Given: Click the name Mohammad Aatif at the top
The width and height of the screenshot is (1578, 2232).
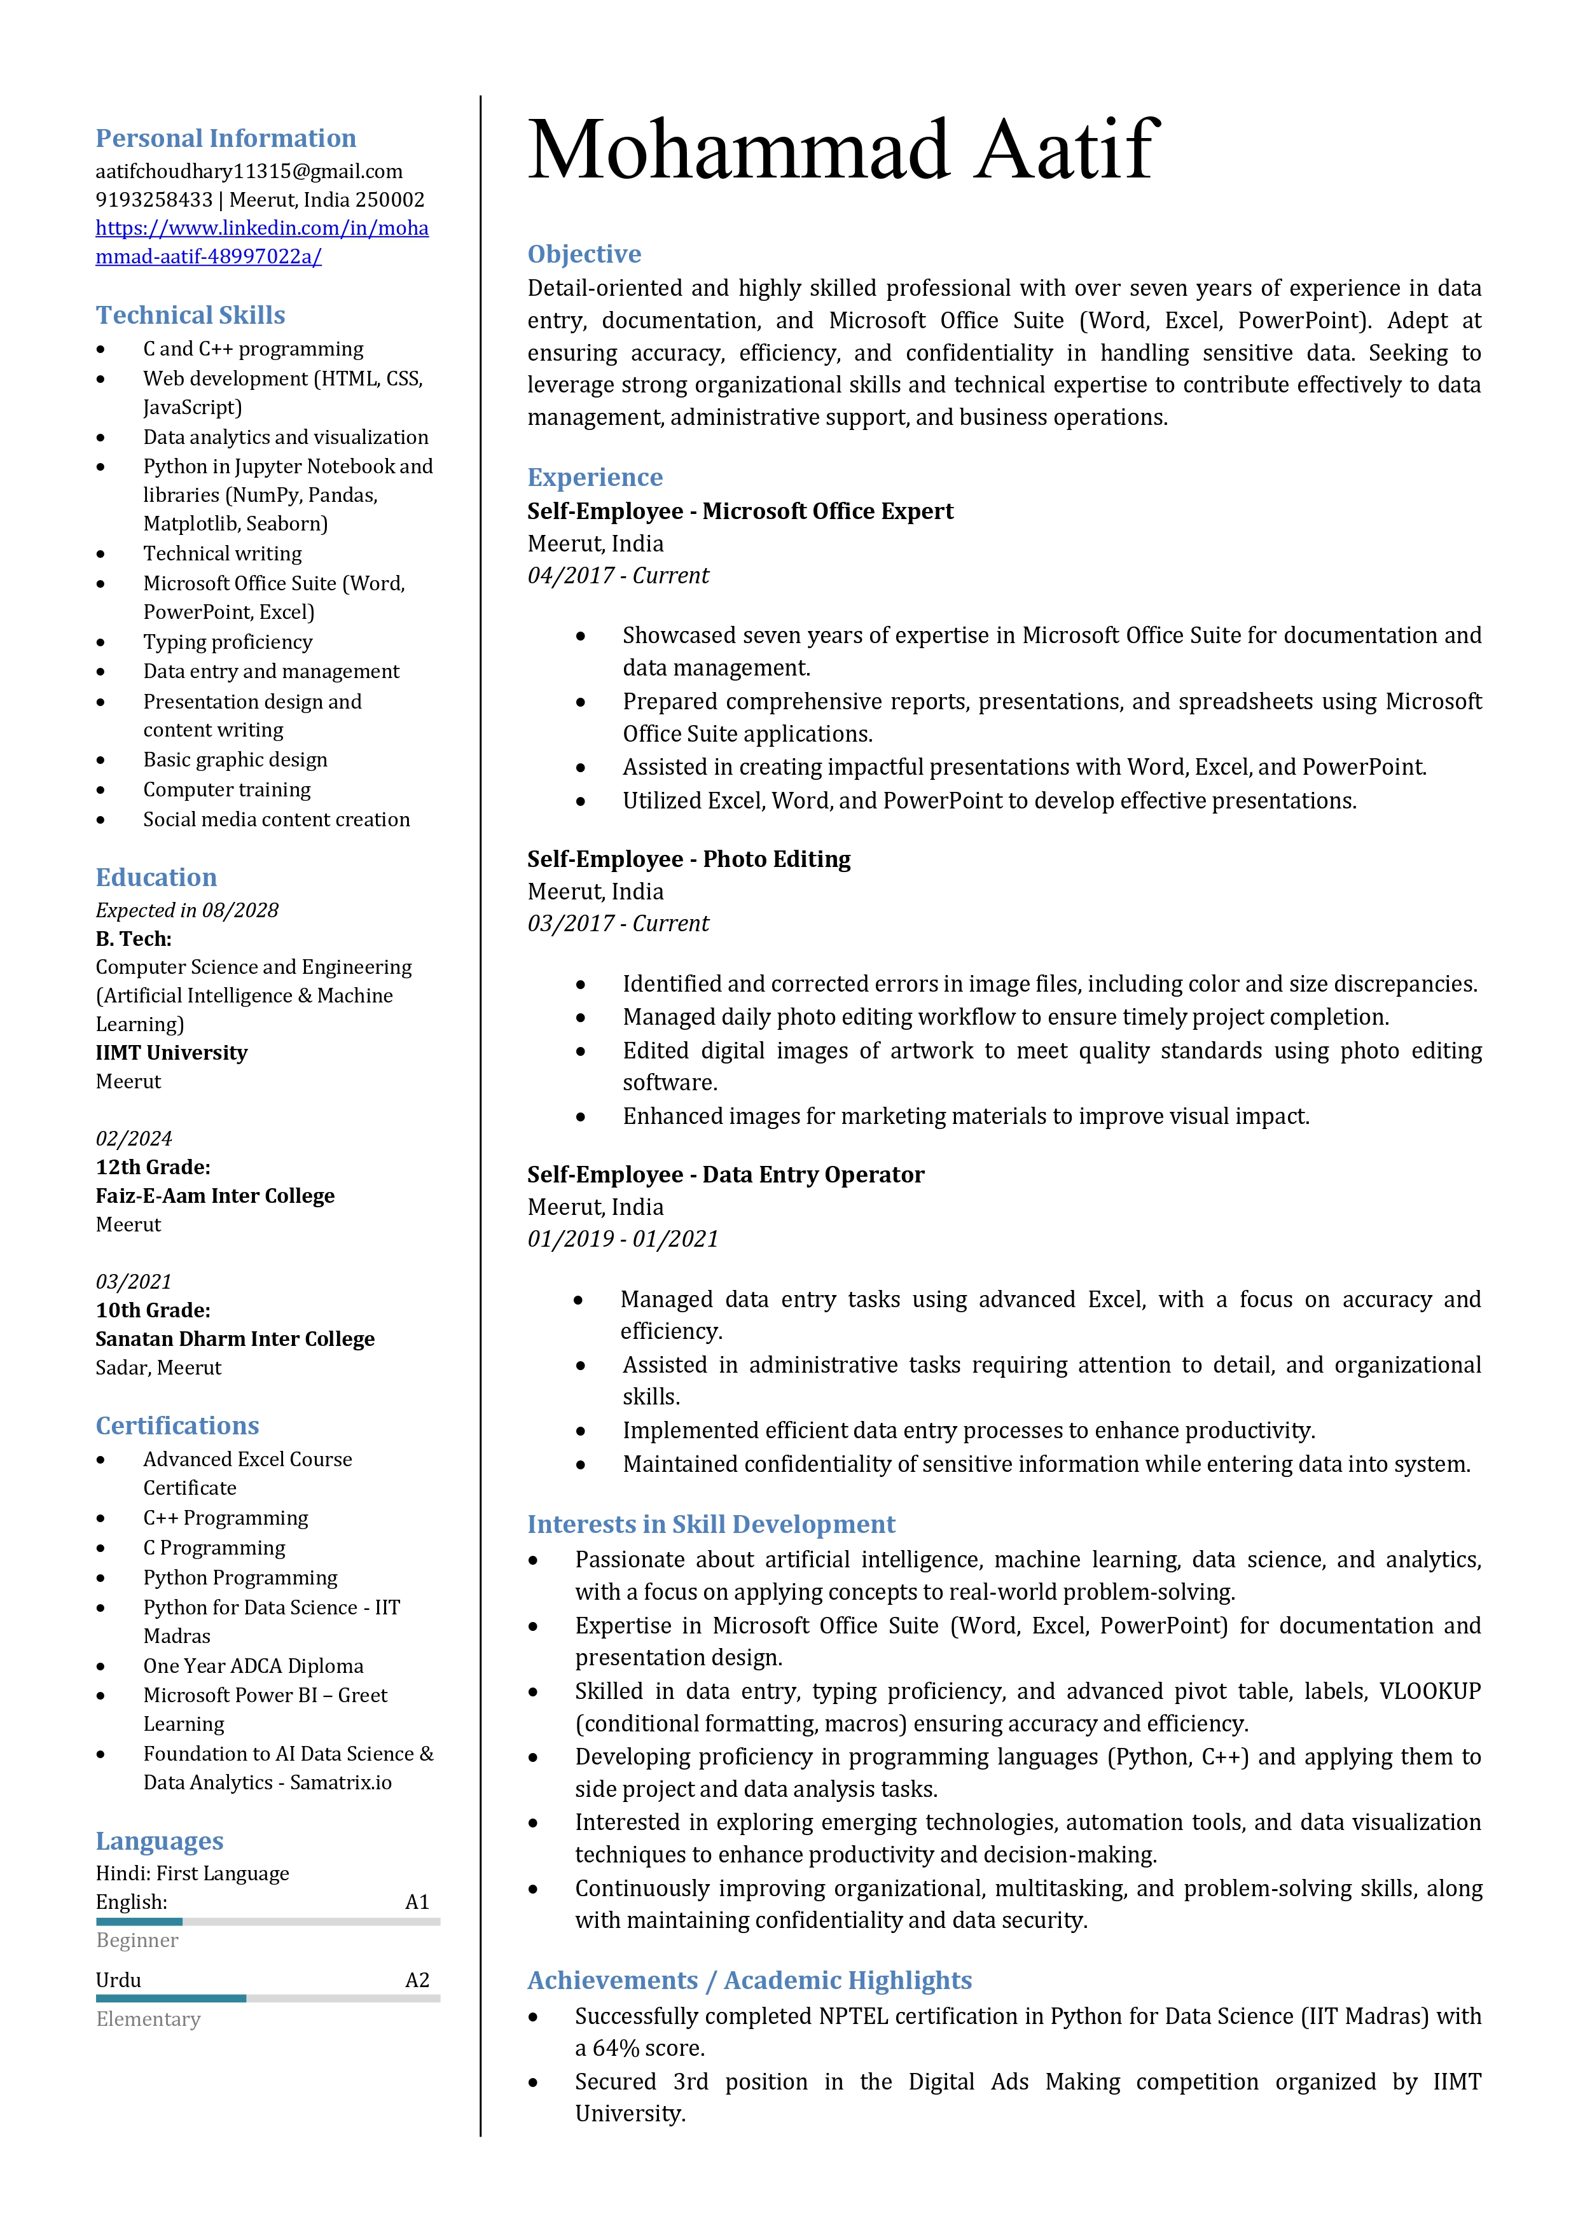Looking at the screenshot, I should pyautogui.click(x=842, y=151).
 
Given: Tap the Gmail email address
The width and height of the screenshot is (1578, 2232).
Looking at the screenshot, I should pyautogui.click(x=249, y=171).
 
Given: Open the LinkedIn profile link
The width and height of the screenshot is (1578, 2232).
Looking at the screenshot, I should pyautogui.click(x=261, y=242).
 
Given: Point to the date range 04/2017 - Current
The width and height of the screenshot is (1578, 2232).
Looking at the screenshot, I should pyautogui.click(x=618, y=576).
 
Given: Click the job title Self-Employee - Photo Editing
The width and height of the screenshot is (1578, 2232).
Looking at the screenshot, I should pyautogui.click(x=688, y=859).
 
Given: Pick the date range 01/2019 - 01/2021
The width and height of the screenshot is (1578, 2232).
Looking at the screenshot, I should pyautogui.click(x=622, y=1238).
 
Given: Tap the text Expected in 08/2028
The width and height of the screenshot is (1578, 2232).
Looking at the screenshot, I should pyautogui.click(x=187, y=910).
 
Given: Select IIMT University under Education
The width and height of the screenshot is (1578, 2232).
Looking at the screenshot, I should pyautogui.click(x=171, y=1053).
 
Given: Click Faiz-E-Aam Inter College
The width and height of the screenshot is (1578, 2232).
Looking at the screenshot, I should pyautogui.click(x=215, y=1196).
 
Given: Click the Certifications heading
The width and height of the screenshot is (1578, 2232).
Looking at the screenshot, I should pyautogui.click(x=177, y=1426).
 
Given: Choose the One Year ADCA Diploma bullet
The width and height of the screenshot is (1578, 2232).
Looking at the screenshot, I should pyautogui.click(x=253, y=1667).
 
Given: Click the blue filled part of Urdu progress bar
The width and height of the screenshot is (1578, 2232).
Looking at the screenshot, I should pyautogui.click(x=170, y=1999).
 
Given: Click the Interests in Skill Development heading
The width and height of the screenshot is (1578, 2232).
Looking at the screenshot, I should pyautogui.click(x=710, y=1524).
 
